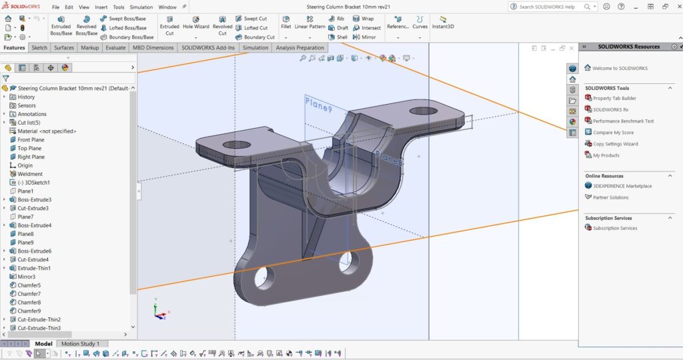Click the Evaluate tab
pyautogui.click(x=115, y=48)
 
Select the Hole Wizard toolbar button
pyautogui.click(x=196, y=23)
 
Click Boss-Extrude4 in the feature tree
pyautogui.click(x=35, y=225)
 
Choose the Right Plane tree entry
pyautogui.click(x=31, y=157)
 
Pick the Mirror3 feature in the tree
pyautogui.click(x=26, y=277)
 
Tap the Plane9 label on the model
pyautogui.click(x=318, y=105)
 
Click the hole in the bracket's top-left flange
pyautogui.click(x=237, y=145)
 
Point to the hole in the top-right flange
pyautogui.click(x=423, y=111)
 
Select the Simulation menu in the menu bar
pyautogui.click(x=141, y=7)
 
